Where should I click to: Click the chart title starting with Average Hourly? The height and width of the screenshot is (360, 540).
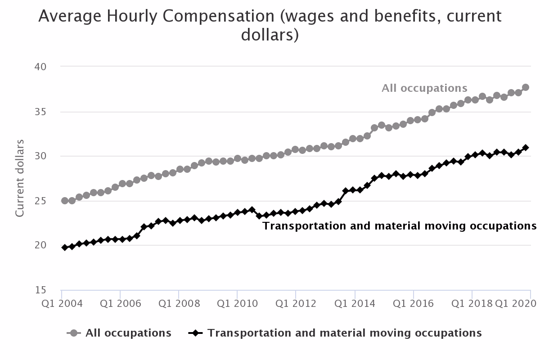point(270,25)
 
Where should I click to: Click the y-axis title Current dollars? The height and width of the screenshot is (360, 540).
point(20,178)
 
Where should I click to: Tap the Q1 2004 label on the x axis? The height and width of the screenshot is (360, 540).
point(62,303)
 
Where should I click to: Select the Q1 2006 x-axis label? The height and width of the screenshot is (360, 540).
point(120,303)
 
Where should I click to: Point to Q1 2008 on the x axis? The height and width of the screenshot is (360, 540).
point(179,303)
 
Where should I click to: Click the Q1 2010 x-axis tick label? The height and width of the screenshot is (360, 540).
point(237,303)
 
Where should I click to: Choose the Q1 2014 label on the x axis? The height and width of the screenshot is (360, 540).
point(355,303)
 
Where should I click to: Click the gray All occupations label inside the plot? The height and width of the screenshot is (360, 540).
point(424,88)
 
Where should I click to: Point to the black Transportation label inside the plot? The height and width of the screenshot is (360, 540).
point(399,226)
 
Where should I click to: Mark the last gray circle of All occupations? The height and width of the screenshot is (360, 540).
point(525,87)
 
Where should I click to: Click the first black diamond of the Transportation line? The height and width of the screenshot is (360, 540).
point(65,247)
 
